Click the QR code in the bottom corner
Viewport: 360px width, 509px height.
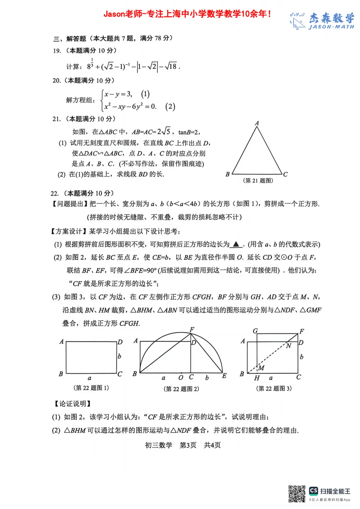(297, 494)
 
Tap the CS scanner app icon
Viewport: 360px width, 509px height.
(313, 491)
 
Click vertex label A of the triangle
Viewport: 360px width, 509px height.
(257, 123)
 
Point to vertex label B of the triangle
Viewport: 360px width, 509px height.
(227, 174)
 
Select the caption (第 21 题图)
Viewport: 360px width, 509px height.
(258, 181)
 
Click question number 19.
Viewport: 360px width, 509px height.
(57, 51)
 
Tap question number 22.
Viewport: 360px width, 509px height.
(55, 194)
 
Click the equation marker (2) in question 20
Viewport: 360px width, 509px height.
(170, 107)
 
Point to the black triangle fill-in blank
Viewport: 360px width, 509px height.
(236, 244)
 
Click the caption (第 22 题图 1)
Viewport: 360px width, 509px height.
(91, 388)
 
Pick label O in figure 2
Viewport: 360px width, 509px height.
(181, 377)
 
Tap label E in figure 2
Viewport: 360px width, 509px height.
(224, 376)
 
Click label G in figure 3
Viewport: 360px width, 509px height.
(255, 331)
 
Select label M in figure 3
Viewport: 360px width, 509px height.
(261, 368)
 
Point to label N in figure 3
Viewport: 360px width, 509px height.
(288, 346)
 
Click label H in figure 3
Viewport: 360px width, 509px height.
(257, 378)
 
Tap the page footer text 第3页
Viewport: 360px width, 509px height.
(188, 445)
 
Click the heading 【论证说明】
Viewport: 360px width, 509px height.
(72, 404)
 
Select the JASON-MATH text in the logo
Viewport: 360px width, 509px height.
(331, 27)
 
